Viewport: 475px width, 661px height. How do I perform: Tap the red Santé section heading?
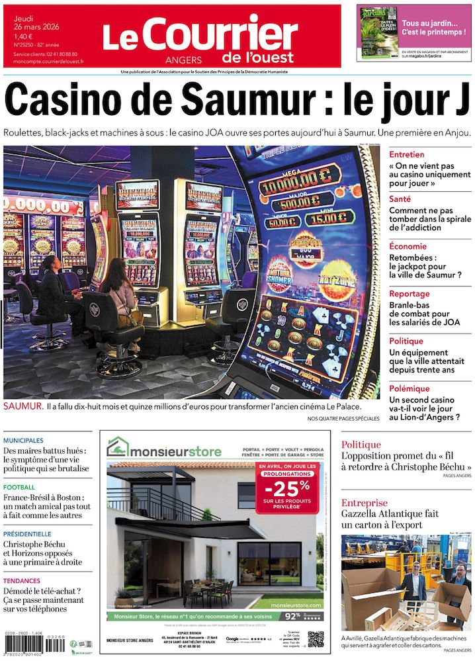(400, 198)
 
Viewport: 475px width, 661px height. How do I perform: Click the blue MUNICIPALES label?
(23, 440)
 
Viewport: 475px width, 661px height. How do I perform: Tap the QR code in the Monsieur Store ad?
(316, 639)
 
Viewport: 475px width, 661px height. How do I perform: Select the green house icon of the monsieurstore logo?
(118, 447)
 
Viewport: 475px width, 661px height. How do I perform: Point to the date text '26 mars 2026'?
(34, 26)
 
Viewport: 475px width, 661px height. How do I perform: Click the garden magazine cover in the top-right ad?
(378, 32)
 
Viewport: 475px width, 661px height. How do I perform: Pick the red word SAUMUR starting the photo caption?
(22, 405)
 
